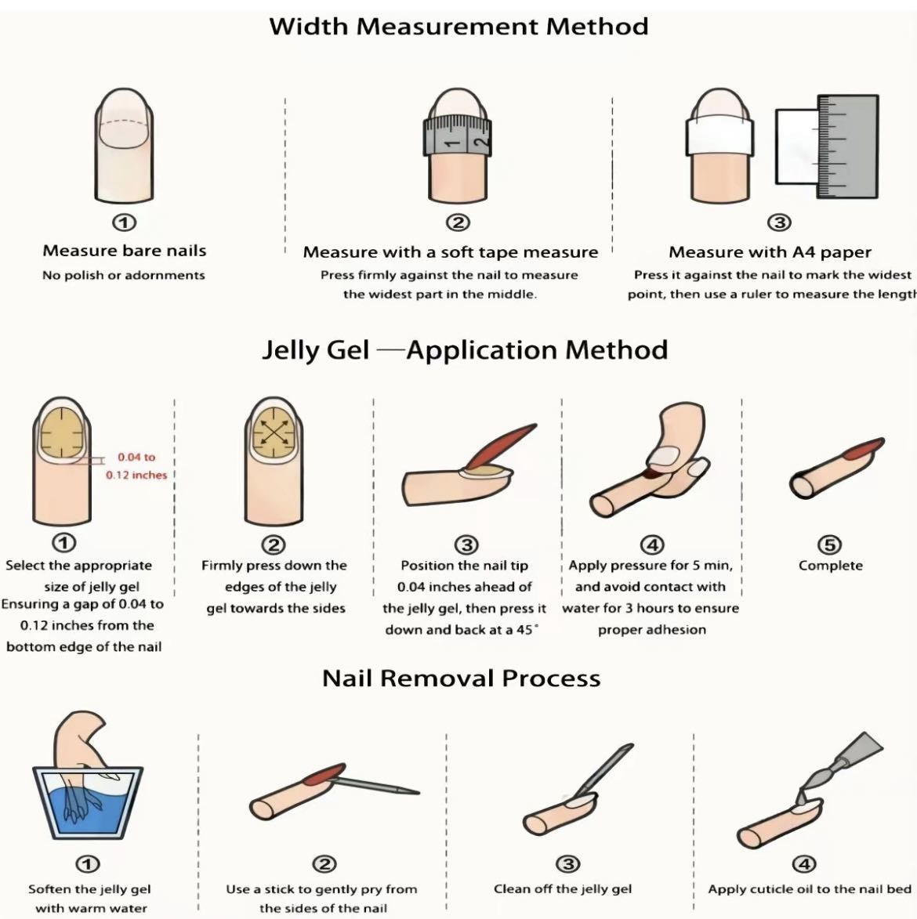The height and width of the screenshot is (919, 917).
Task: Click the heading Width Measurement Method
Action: point(458,27)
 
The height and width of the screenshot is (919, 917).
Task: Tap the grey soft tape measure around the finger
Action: point(458,136)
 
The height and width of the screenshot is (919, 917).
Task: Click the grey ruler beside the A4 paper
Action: point(848,147)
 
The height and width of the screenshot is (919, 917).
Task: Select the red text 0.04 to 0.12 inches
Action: point(136,466)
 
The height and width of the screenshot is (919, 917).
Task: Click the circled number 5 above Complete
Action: point(830,545)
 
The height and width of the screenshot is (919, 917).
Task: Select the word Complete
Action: point(830,566)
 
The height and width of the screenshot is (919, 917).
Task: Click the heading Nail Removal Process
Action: point(462,678)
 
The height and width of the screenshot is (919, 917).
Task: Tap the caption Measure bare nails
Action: point(125,251)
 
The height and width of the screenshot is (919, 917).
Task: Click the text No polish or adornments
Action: point(124,275)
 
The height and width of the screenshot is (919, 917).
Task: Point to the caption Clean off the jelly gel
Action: point(563,889)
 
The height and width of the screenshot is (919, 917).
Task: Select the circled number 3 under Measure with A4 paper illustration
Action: point(779,223)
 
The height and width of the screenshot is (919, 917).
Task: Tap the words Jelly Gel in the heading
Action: point(315,350)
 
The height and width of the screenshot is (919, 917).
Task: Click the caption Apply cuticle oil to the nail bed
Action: point(809,889)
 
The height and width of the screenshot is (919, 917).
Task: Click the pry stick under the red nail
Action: point(375,785)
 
